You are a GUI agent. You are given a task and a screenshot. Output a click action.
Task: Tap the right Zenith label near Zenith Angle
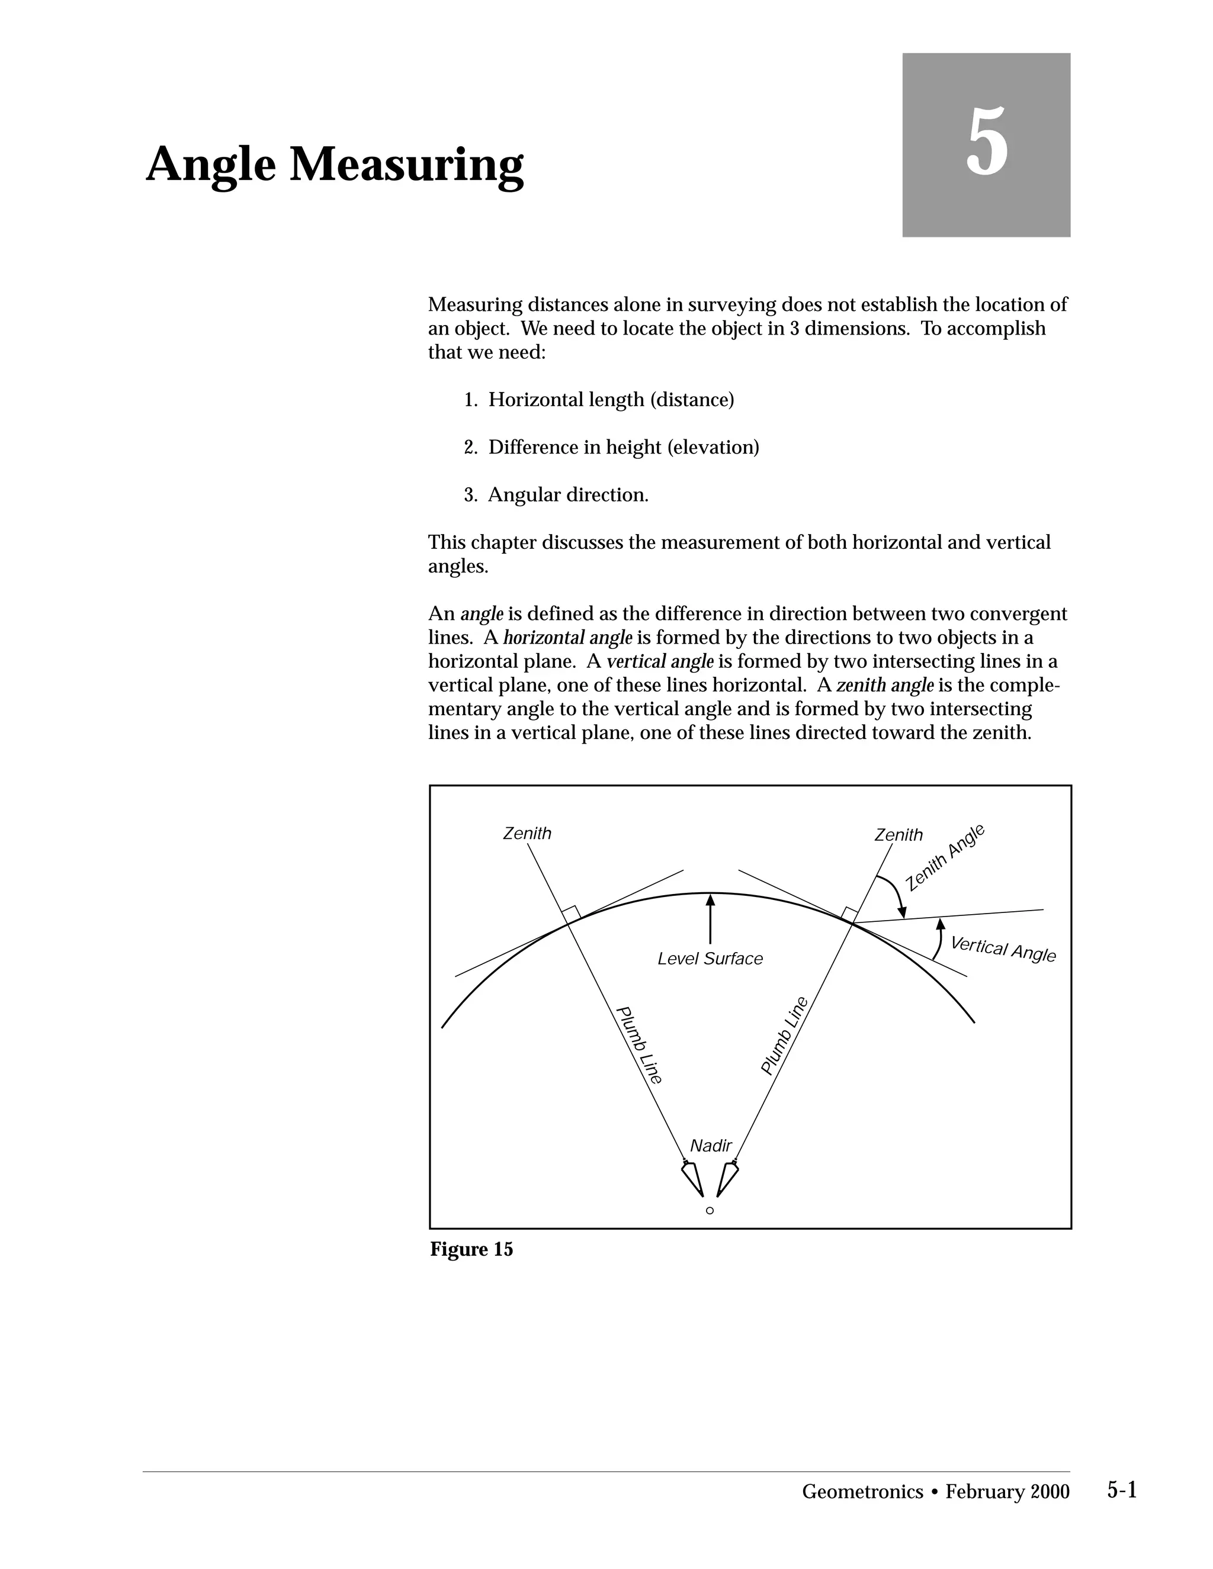[x=898, y=835]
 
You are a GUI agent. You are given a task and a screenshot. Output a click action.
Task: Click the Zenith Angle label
[x=944, y=858]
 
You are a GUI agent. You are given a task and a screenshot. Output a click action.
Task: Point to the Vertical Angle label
[x=1003, y=949]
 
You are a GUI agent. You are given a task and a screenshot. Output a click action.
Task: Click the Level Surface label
[x=710, y=959]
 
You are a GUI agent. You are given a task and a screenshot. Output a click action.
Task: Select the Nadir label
[x=710, y=1146]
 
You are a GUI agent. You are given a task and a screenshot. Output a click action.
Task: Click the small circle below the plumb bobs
[x=710, y=1211]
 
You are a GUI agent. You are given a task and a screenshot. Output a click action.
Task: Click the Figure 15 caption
[x=471, y=1249]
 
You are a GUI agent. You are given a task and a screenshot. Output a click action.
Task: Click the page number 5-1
[x=1121, y=1491]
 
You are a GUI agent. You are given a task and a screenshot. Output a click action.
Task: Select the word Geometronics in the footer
[x=862, y=1492]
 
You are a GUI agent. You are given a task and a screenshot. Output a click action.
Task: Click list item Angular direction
[x=567, y=495]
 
